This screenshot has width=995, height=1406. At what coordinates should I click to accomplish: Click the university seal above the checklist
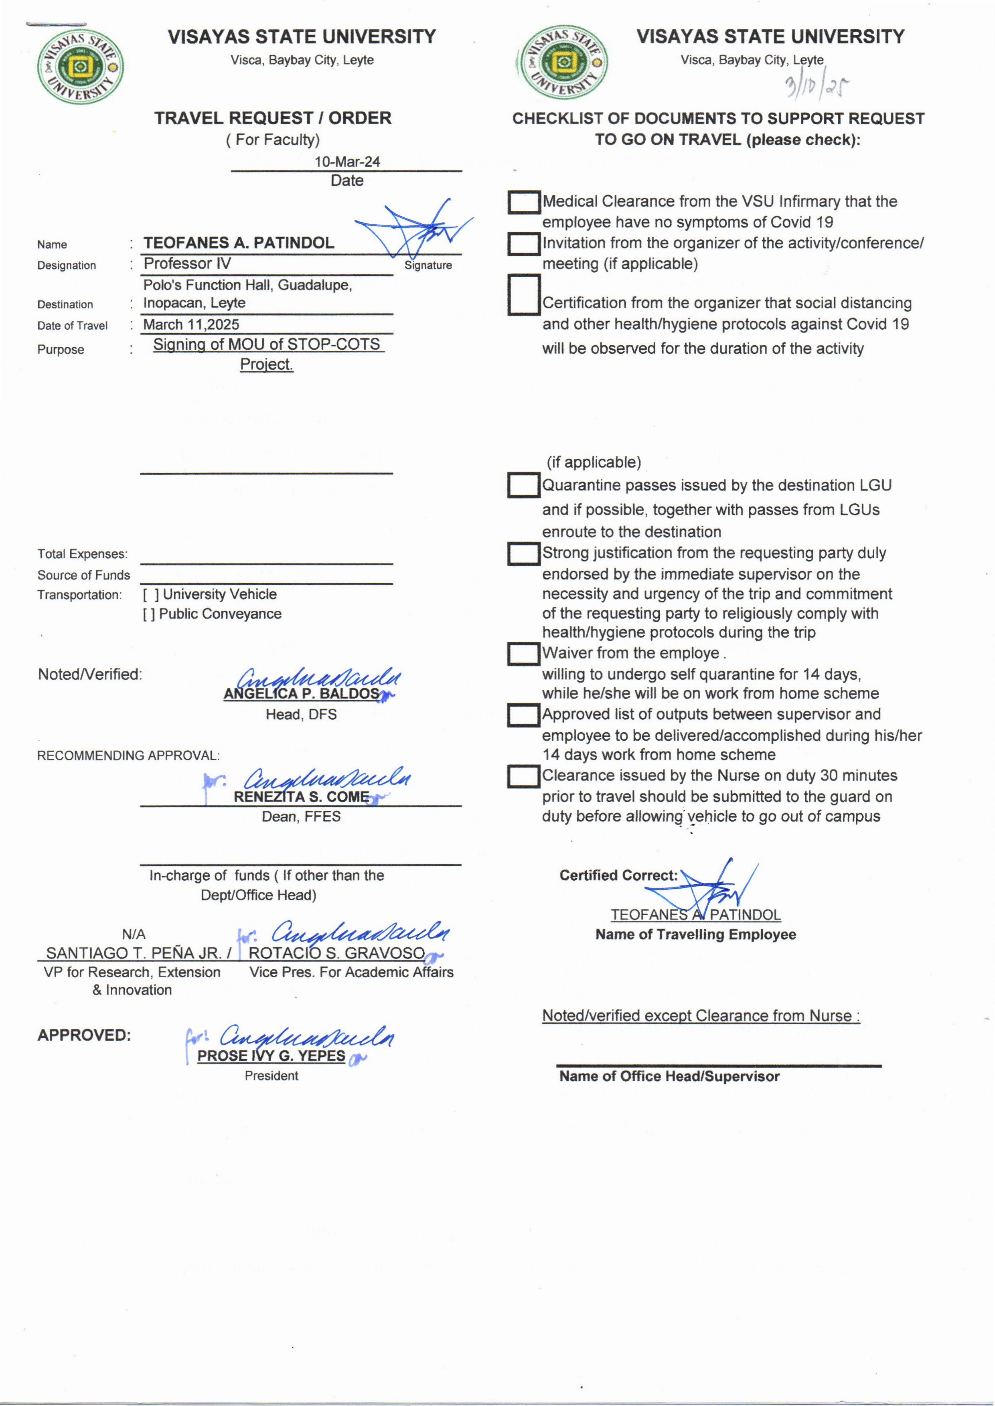562,62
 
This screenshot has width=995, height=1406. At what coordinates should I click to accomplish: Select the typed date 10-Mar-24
347,162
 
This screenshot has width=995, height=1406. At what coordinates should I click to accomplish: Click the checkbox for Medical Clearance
523,202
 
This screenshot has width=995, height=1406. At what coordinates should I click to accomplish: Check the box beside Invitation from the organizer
523,244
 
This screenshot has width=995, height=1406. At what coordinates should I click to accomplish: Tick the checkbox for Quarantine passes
523,485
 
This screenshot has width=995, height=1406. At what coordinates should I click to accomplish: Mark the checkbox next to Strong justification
523,553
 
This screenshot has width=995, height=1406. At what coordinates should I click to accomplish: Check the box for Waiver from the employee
523,654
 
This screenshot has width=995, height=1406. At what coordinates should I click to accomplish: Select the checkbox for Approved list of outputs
523,715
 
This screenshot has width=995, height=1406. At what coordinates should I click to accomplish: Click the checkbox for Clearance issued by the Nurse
523,776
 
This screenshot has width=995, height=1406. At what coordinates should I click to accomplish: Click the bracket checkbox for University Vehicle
151,594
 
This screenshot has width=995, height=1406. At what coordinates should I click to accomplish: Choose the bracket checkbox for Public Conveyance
148,614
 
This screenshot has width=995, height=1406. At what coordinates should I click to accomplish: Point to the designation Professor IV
187,263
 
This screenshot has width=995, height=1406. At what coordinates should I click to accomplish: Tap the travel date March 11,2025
191,325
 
